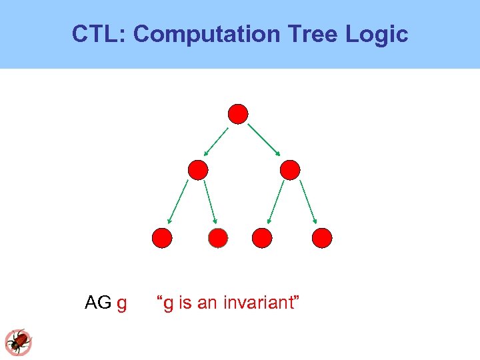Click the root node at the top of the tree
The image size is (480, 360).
[x=238, y=114]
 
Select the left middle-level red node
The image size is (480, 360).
[x=198, y=170]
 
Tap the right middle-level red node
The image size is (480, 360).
[x=290, y=170]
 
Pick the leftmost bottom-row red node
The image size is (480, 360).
[x=162, y=237]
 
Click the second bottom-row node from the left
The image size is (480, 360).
[x=218, y=237]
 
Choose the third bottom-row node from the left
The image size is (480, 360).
[x=262, y=237]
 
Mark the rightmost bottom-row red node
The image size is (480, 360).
[x=322, y=237]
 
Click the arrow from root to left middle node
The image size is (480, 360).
[x=217, y=141]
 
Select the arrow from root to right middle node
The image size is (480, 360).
[x=265, y=141]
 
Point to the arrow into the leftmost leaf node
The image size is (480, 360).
[x=178, y=201]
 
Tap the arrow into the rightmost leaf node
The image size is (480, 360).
[x=309, y=201]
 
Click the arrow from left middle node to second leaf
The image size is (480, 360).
[x=210, y=201]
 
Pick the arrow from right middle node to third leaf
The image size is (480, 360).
[x=275, y=201]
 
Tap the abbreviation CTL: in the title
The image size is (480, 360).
[x=99, y=33]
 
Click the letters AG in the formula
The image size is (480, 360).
[x=98, y=303]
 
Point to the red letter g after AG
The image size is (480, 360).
[x=121, y=304]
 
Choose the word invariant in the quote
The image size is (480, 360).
[x=258, y=303]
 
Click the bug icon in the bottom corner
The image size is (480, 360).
[x=18, y=342]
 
